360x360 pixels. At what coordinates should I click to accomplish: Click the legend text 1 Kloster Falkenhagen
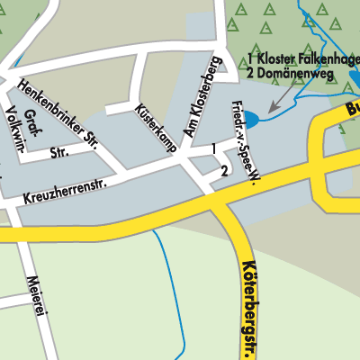pos(303,60)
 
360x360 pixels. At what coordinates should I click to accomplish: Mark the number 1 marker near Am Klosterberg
pos(213,148)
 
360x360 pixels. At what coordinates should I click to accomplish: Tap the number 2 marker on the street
pos(223,171)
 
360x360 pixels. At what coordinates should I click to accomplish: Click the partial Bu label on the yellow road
pos(351,111)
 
